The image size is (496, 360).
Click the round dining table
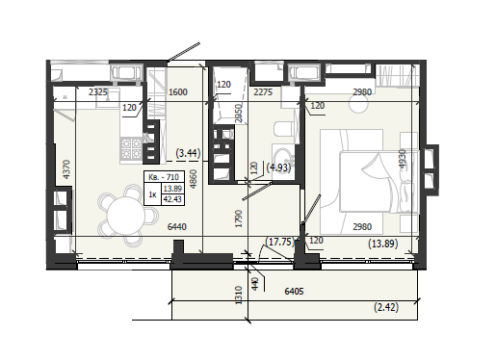126,216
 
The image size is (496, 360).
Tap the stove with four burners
131,148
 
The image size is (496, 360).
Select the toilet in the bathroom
283,129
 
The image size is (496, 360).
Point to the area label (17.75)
280,242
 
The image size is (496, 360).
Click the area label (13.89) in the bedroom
383,244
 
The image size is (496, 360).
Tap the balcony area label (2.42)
386,307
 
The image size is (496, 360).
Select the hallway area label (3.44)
189,153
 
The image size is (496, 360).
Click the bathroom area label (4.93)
278,167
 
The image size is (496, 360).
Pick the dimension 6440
177,227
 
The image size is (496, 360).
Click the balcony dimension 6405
294,292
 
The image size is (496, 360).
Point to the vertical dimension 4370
66,169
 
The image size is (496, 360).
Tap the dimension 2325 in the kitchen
98,92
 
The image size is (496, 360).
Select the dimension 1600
178,92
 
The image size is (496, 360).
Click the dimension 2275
263,92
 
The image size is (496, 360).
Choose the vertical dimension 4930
403,159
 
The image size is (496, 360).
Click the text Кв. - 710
164,177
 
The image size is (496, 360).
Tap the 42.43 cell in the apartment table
172,199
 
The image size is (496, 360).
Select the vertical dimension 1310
239,296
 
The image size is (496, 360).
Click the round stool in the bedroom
359,103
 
